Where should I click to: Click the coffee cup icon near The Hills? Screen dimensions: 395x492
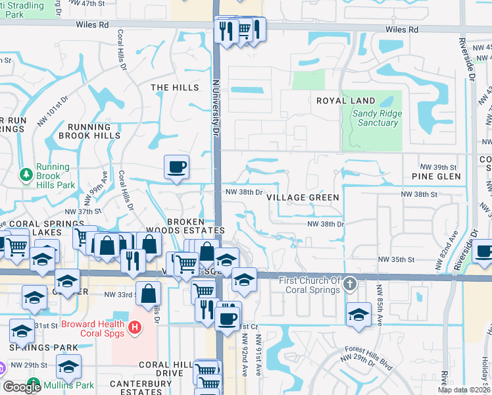(176, 167)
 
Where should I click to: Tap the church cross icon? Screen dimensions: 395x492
(350, 284)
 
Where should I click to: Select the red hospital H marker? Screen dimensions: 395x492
(135, 327)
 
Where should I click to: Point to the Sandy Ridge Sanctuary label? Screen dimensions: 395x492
(377, 118)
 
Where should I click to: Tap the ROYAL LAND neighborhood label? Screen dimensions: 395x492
(345, 101)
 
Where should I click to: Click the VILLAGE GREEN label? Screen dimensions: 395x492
(303, 197)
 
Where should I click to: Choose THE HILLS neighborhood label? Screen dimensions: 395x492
(174, 88)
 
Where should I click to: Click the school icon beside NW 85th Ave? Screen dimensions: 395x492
(359, 313)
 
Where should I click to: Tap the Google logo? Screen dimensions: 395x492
(22, 387)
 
